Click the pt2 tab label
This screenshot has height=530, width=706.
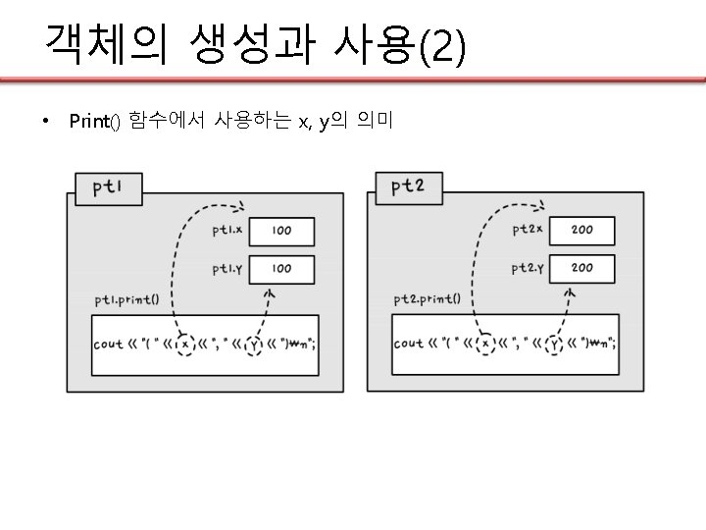[407, 185]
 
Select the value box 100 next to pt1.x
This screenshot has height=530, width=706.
[282, 232]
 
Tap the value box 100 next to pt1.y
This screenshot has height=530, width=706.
[282, 268]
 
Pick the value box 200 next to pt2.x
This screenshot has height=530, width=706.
[581, 231]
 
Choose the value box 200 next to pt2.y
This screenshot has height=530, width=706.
[581, 268]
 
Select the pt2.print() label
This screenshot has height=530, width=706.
[433, 299]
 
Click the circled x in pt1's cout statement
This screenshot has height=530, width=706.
[184, 344]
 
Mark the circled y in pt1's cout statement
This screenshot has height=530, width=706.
[255, 344]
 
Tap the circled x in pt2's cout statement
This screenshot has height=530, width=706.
[484, 344]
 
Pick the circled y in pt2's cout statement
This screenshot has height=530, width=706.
[555, 344]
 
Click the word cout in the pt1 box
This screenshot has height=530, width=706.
[108, 344]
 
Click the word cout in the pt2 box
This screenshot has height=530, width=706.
[408, 344]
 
